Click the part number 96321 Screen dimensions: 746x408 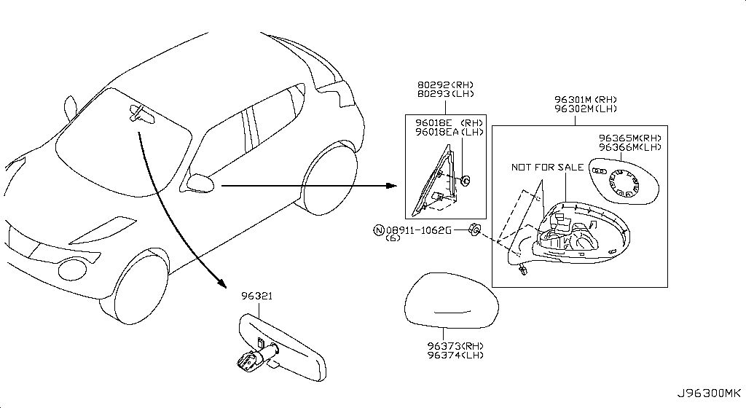pyautogui.click(x=257, y=296)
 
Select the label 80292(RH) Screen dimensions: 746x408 pyautogui.click(x=446, y=85)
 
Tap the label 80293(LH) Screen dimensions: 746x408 pyautogui.click(x=446, y=94)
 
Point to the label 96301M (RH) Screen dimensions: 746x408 pyautogui.click(x=586, y=100)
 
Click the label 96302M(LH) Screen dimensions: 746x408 pyautogui.click(x=586, y=109)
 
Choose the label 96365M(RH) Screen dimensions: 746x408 pyautogui.click(x=630, y=138)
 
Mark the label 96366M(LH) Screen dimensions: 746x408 pyautogui.click(x=630, y=147)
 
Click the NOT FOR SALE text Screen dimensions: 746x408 pyautogui.click(x=548, y=168)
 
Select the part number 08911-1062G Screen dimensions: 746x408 pyautogui.click(x=419, y=230)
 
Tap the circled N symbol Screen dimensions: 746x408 pyautogui.click(x=379, y=231)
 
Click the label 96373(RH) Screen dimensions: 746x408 pyautogui.click(x=455, y=346)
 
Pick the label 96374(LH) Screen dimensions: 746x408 pyautogui.click(x=455, y=356)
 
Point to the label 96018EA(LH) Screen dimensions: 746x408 pyautogui.click(x=449, y=132)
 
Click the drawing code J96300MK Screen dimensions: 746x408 pyautogui.click(x=709, y=393)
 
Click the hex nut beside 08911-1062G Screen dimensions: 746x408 pyautogui.click(x=475, y=229)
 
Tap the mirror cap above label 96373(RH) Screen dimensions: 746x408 pyautogui.click(x=452, y=300)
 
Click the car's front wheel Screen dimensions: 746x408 pyautogui.click(x=134, y=286)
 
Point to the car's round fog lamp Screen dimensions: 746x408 pyautogui.click(x=72, y=269)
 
